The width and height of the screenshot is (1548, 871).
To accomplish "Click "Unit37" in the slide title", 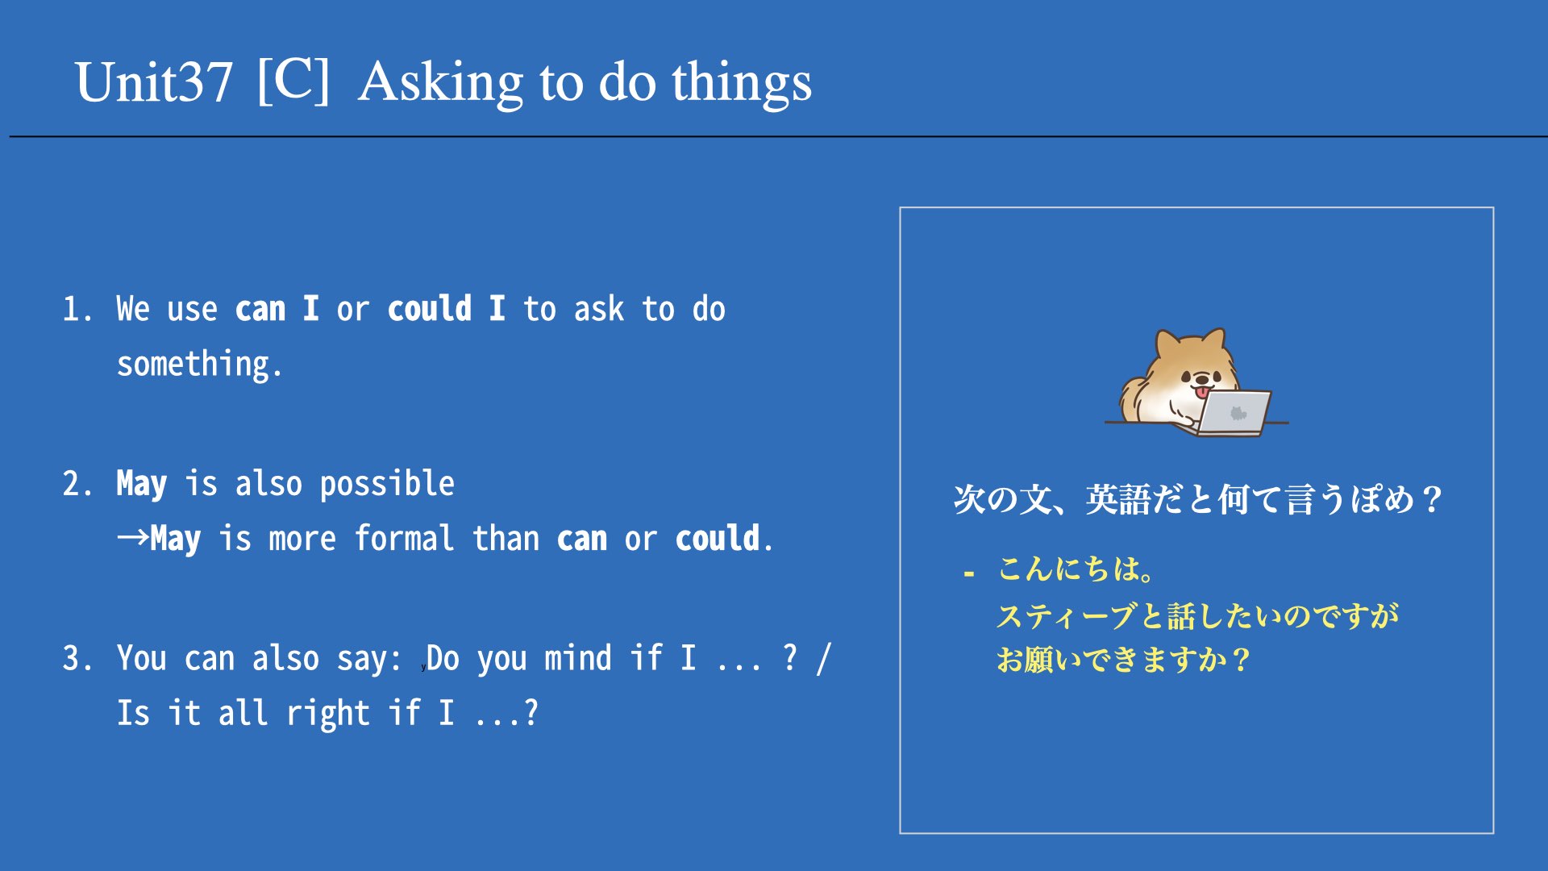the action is click(153, 82).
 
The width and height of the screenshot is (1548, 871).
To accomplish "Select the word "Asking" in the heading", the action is click(442, 84).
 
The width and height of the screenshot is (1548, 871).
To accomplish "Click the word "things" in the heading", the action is click(742, 84).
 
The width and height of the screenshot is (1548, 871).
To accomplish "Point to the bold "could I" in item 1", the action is click(447, 308).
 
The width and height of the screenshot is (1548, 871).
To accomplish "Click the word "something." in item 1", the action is click(200, 365).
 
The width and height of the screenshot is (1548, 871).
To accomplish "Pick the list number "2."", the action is click(78, 484).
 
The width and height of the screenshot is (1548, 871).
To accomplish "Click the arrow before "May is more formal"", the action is click(133, 537).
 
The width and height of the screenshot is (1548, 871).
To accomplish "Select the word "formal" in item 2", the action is click(405, 538).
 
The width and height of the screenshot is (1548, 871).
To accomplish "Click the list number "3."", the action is click(78, 658).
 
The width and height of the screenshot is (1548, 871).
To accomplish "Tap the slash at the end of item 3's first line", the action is click(823, 659).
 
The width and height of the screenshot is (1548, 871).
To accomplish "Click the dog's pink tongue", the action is click(1202, 392).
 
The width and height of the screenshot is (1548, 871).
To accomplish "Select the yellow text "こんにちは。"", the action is click(1077, 569).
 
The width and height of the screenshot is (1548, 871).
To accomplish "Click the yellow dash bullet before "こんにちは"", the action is click(969, 573).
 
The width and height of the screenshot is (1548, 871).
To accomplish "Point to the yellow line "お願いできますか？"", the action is click(1124, 661).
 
